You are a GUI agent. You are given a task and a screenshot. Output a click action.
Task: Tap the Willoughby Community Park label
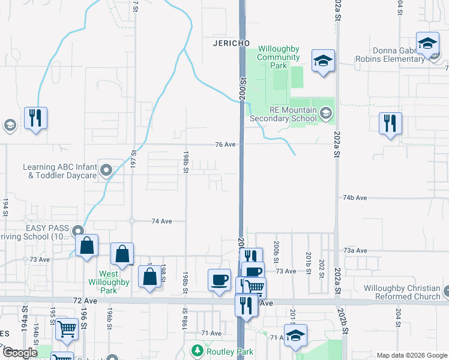[279, 57]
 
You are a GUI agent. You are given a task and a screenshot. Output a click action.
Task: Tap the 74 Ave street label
[161, 221]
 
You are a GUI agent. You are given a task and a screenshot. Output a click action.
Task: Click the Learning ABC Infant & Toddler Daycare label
[59, 172]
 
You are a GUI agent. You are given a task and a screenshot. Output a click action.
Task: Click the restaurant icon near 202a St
[391, 124]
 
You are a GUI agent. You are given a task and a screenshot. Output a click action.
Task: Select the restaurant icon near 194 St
[36, 118]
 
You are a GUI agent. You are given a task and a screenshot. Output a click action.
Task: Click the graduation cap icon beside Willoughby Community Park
[323, 60]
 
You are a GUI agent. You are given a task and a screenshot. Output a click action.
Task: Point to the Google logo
[20, 353]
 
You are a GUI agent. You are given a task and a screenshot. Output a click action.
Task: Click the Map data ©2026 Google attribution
[411, 355]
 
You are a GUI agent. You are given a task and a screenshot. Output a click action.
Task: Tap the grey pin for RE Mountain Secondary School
[325, 113]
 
